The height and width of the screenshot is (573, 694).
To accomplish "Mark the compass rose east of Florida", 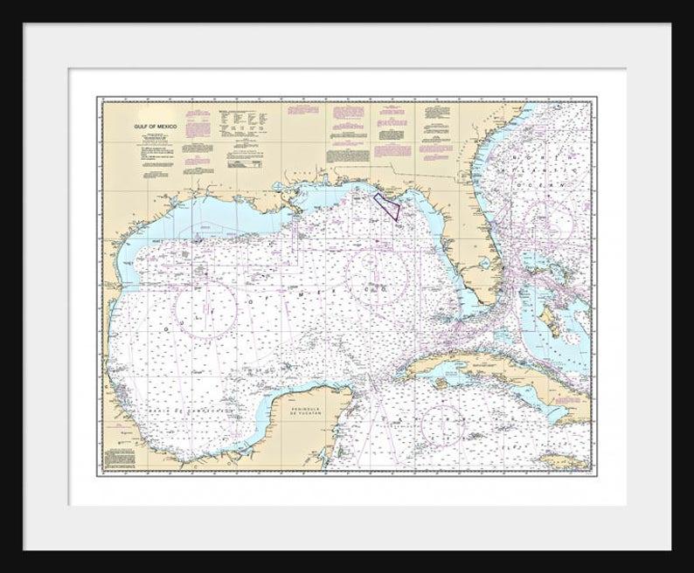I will [548, 221].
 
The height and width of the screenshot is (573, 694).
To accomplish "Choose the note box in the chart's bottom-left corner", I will [120, 457].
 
